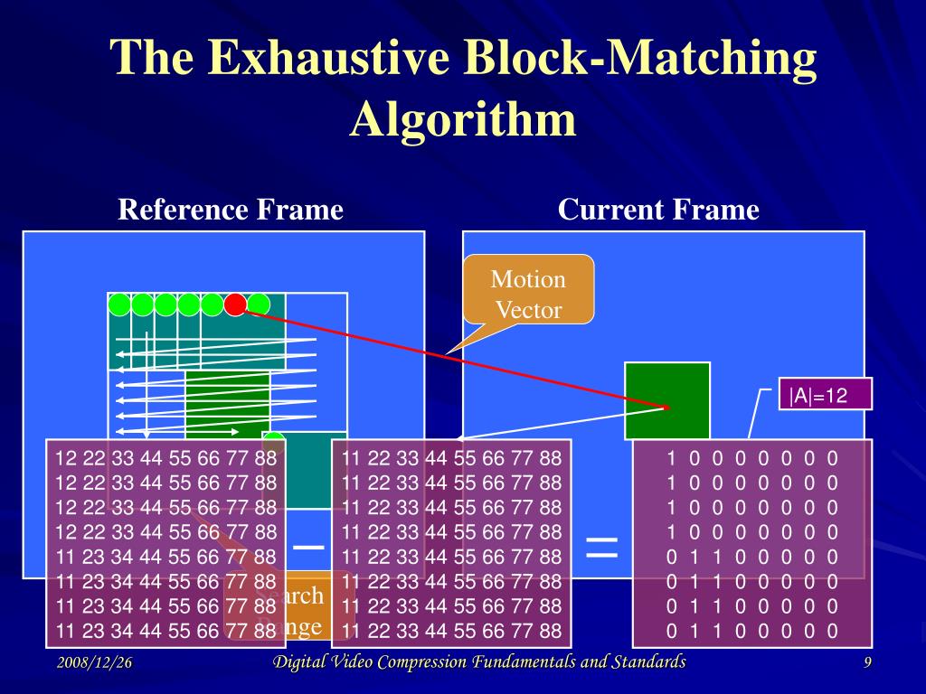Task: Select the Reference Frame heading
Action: click(x=231, y=211)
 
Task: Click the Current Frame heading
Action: click(x=658, y=211)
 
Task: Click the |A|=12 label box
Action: click(x=817, y=395)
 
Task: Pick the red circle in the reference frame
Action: click(x=235, y=305)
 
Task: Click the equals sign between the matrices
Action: click(x=602, y=545)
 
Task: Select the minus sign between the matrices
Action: click(x=308, y=547)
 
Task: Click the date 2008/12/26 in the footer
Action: click(x=94, y=663)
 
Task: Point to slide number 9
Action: click(x=867, y=664)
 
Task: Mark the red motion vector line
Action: click(x=452, y=356)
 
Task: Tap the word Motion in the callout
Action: click(x=528, y=279)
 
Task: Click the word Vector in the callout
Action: click(x=528, y=310)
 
